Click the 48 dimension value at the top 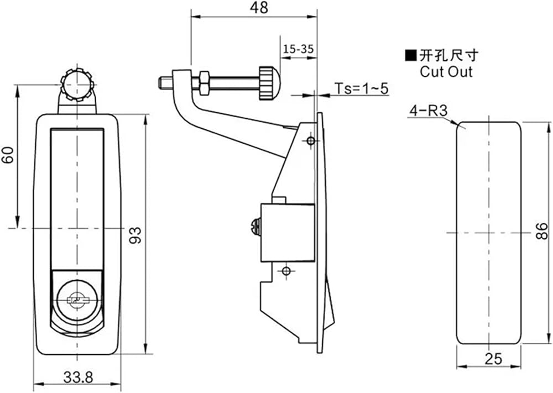pos(259,8)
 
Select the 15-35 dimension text pos(299,49)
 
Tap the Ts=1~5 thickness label pos(362,88)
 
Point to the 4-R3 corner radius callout pos(428,111)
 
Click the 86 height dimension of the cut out pos(542,231)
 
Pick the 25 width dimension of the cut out pos(493,359)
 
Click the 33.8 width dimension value pos(79,378)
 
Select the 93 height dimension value pos(135,235)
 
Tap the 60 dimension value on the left pos(8,155)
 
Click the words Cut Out pos(446,72)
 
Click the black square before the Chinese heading pos(410,56)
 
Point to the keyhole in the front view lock pos(77,301)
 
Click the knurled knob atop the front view pos(76,85)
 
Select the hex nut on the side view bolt pos(204,83)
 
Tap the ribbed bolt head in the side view pos(269,83)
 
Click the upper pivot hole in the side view pos(311,141)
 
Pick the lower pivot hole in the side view pos(286,271)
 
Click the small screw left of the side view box pos(257,227)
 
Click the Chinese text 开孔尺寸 pos(449,56)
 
